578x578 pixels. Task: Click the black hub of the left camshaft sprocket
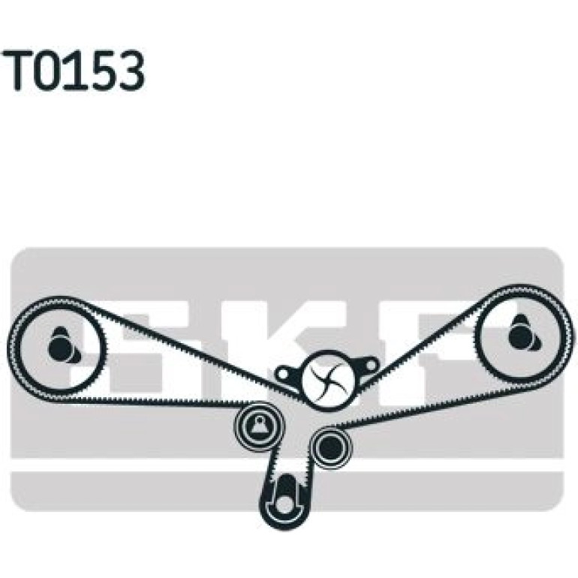pos(59,347)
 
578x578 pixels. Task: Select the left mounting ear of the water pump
pos(288,375)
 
